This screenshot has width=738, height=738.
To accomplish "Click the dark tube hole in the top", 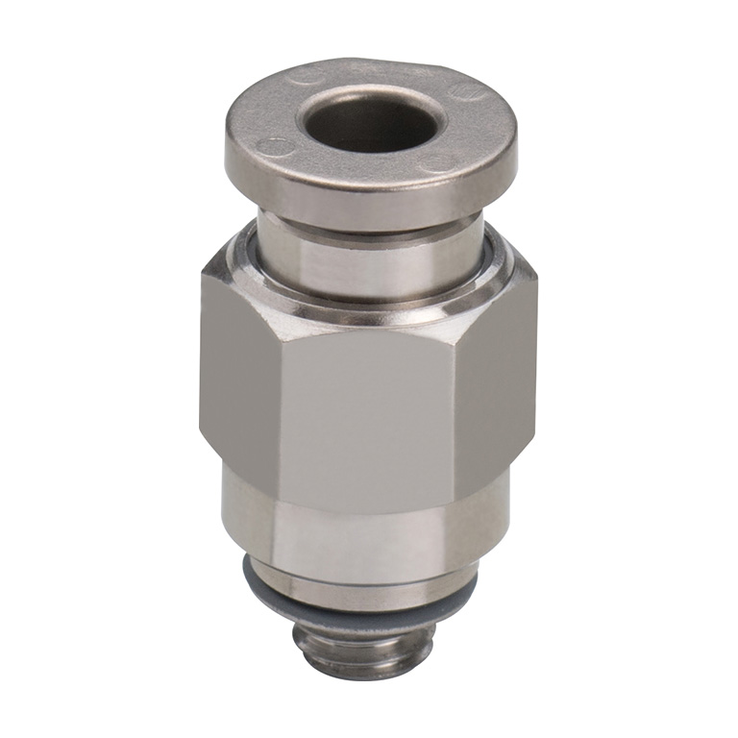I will [x=373, y=123].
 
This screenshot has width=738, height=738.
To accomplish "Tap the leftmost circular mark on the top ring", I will [x=274, y=147].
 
